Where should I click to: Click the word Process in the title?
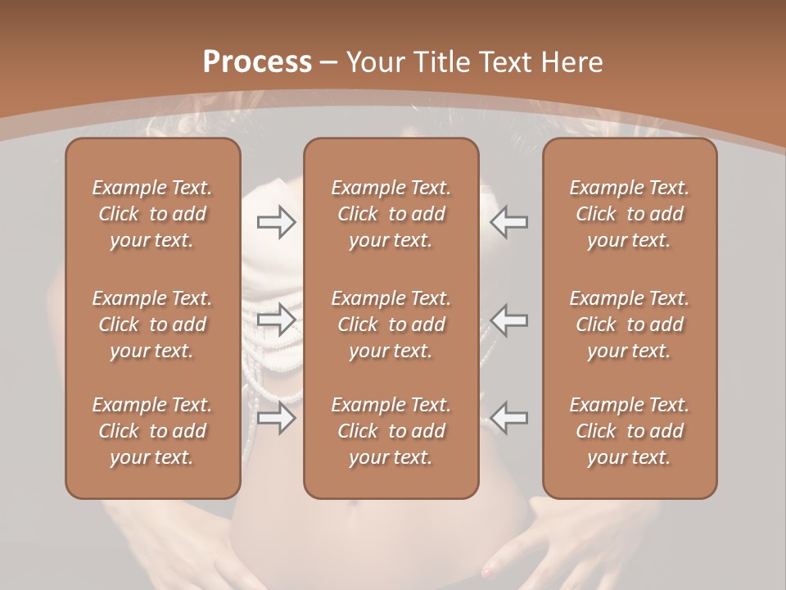coord(257,62)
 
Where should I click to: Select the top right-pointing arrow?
coord(276,222)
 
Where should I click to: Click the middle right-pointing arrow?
coord(276,319)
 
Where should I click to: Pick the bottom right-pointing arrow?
coord(276,417)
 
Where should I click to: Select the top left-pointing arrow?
coord(509,222)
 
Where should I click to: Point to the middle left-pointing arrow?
coord(509,319)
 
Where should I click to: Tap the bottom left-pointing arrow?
coord(509,417)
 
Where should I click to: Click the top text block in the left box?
coord(152,214)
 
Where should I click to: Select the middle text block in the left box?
coord(152,324)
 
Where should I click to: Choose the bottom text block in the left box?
coord(152,431)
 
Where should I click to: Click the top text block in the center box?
coord(391,214)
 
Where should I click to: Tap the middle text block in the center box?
coord(391,324)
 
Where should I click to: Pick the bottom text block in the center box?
coord(391,431)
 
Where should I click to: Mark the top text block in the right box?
coord(629,214)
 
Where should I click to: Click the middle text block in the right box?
coord(629,324)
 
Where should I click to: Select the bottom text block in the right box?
coord(629,431)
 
